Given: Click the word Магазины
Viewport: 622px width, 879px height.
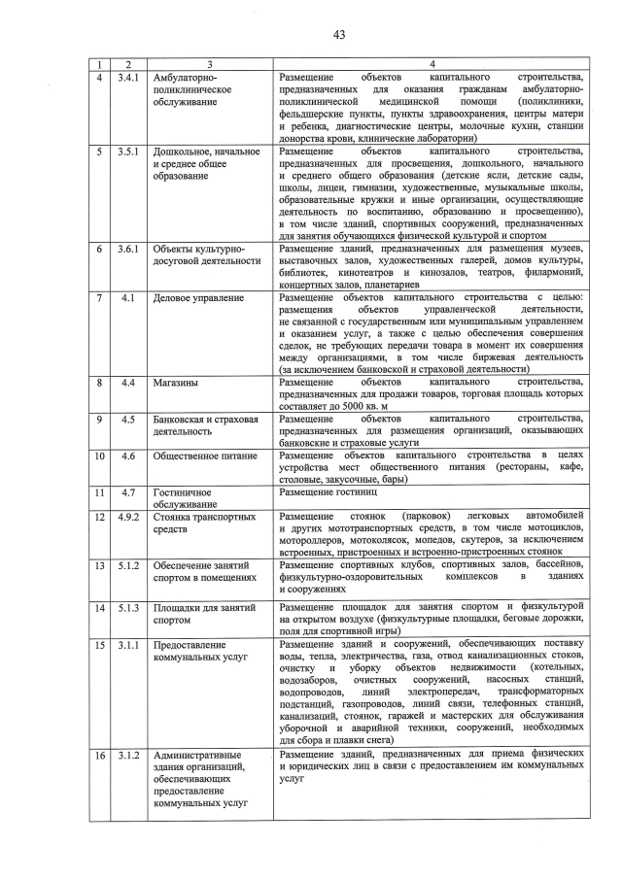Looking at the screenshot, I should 177,383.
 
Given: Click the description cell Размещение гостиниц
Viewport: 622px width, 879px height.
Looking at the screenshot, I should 324,492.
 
